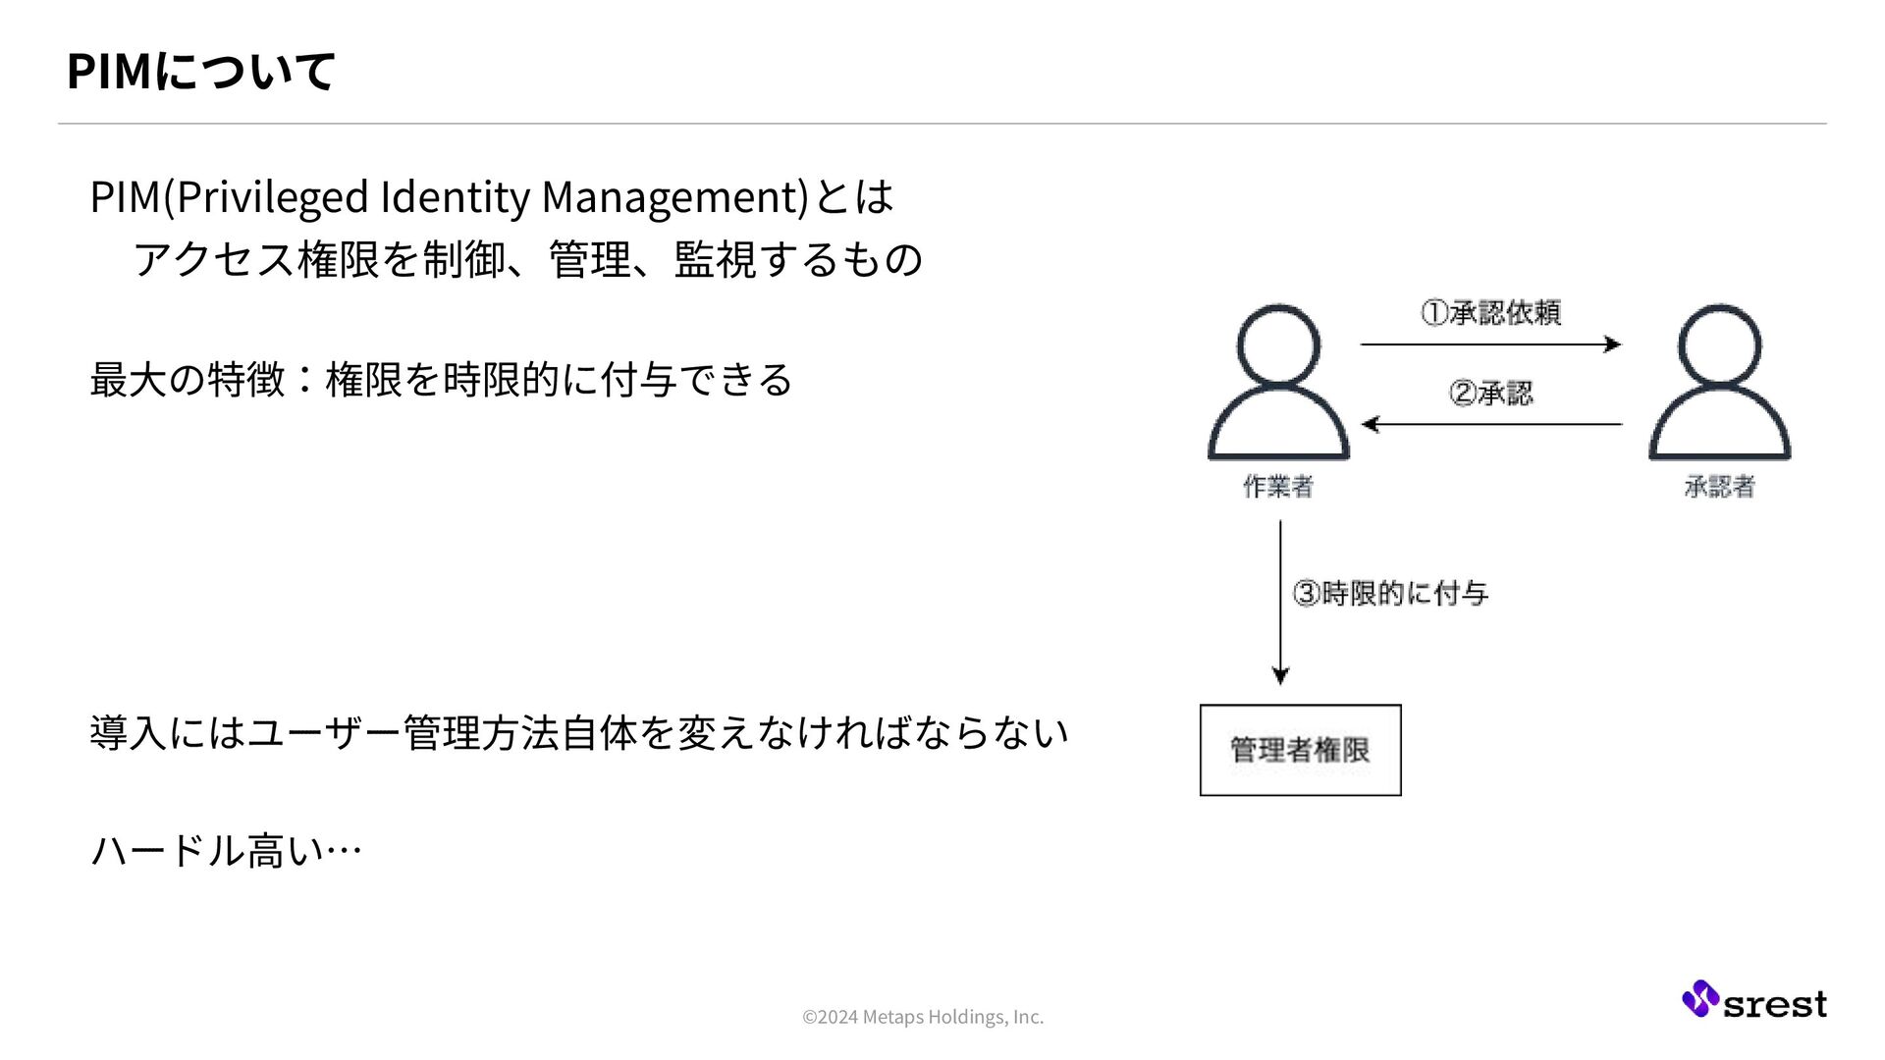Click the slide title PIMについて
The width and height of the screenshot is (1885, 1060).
tap(200, 71)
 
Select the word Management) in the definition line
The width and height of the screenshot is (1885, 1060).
tap(674, 196)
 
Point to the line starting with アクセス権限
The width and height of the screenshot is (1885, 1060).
tap(527, 259)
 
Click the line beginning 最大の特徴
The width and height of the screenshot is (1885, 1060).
tap(441, 379)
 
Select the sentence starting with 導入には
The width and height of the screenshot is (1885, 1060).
tap(578, 732)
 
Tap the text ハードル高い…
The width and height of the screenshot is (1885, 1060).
tap(226, 850)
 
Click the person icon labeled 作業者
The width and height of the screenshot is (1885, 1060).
tap(1278, 383)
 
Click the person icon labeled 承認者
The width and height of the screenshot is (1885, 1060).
tap(1719, 383)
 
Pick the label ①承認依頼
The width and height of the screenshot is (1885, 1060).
tap(1490, 313)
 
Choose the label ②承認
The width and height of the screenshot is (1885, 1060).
tap(1490, 394)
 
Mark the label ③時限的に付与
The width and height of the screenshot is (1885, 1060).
tap(1390, 593)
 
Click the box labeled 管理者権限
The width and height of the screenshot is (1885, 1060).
tap(1300, 750)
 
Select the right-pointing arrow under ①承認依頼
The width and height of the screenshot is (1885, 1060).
tap(1490, 344)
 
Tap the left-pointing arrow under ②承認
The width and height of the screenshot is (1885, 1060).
tap(1490, 424)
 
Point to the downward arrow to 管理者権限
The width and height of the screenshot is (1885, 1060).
tap(1280, 603)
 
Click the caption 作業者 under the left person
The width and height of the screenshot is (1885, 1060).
tap(1278, 487)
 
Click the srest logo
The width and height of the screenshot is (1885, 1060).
tap(1753, 1001)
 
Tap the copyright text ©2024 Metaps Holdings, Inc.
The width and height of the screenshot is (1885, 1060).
tap(923, 1017)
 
